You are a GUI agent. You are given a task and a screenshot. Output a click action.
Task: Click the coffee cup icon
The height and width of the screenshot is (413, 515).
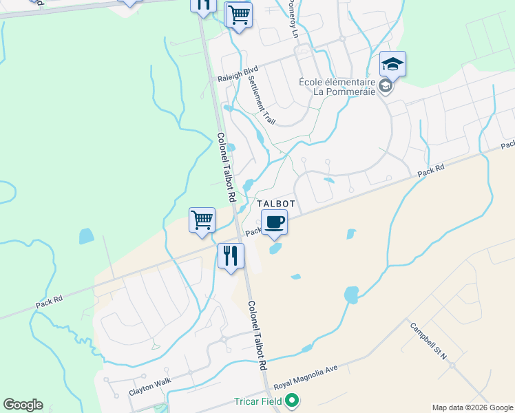point(274,222)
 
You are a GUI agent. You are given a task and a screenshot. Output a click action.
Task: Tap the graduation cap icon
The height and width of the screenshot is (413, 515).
point(392,65)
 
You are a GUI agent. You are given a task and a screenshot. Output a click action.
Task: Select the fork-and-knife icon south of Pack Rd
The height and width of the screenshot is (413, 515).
point(231,256)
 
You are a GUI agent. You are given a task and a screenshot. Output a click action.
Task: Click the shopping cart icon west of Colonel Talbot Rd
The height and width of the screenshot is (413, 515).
point(202,221)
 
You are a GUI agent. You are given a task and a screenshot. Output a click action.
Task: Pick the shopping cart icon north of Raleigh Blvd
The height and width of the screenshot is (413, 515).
point(238,14)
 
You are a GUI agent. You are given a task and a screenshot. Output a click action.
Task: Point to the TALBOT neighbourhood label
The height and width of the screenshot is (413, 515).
point(276,204)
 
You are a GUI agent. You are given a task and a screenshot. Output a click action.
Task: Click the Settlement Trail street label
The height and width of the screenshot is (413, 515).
point(261,98)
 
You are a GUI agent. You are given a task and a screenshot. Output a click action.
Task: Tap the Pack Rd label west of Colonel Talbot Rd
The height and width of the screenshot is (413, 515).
point(50,299)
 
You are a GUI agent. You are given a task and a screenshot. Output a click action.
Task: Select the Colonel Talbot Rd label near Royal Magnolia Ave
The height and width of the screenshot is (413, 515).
point(257,337)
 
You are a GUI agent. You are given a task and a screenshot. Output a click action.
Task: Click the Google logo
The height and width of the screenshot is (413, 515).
point(23,405)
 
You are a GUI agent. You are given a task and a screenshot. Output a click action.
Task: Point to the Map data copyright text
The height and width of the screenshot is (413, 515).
point(472,407)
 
